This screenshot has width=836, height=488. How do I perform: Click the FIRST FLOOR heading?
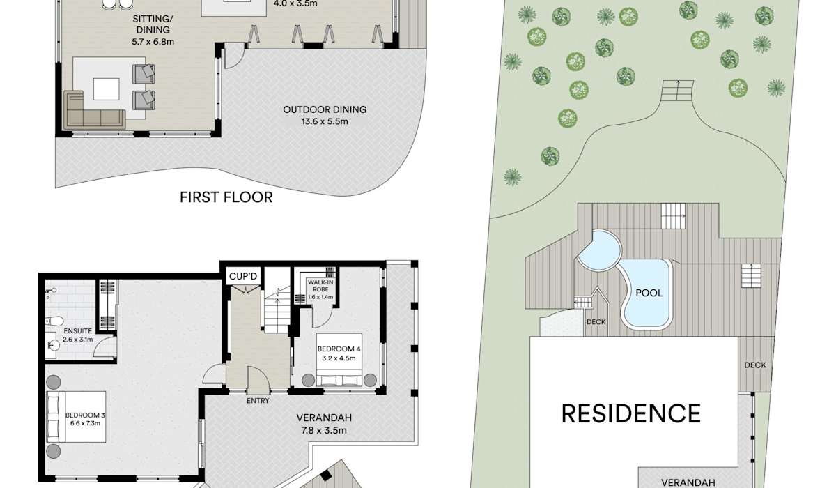226,197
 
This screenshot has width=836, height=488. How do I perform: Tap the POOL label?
649,293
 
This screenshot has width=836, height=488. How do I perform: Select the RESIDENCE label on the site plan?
631,413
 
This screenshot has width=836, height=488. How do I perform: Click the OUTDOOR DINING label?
325,109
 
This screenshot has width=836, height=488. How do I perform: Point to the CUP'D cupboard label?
243,277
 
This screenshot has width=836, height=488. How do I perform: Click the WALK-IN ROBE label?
320,286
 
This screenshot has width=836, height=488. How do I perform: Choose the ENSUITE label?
77,331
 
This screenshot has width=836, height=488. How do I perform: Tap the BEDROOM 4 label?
339,349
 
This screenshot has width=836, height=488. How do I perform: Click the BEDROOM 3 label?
85,415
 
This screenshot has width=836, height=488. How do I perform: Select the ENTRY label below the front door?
258,401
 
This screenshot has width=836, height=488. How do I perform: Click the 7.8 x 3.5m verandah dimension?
324,431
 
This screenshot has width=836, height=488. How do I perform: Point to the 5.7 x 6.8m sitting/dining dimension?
153,42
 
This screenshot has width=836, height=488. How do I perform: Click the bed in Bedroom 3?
76,417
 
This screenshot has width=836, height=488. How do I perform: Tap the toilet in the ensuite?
54,321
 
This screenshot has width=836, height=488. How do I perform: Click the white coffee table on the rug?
107,89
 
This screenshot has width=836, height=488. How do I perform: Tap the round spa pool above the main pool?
600,250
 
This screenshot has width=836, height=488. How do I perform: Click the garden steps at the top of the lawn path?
677,91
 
